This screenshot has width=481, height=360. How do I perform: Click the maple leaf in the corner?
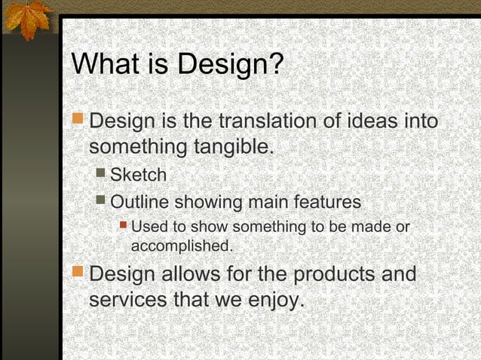pos(26,18)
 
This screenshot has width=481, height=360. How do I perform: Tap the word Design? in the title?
pos(230,65)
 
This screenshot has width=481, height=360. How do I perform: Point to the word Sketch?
pos(138,175)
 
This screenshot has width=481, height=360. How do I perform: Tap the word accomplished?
pos(182,246)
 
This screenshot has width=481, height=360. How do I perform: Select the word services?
pos(128,299)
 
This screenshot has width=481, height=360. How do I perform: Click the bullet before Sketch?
pos(100,174)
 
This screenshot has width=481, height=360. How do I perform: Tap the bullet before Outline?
pos(100,201)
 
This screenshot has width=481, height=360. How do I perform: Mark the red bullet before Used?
pos(124,225)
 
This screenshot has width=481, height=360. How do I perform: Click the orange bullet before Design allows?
pos(78,271)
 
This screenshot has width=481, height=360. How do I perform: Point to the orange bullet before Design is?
pos(78,118)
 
